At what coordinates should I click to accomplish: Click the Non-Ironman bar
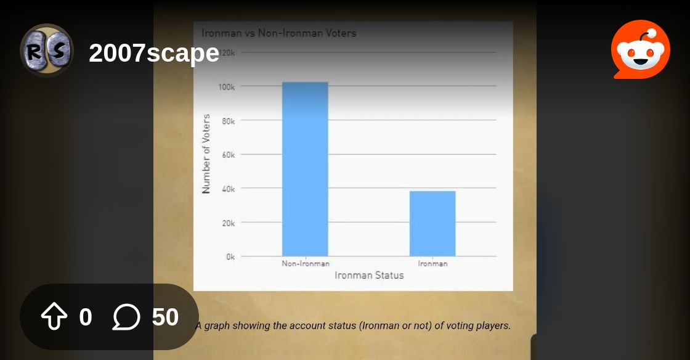click(x=305, y=169)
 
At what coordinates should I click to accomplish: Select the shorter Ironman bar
click(x=432, y=224)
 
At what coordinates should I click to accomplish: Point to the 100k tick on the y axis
click(x=227, y=87)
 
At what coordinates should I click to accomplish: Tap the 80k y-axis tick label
click(x=229, y=121)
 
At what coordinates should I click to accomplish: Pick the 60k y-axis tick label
click(x=229, y=155)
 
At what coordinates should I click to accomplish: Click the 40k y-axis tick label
click(x=229, y=189)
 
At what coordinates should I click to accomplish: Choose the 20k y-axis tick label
click(x=229, y=223)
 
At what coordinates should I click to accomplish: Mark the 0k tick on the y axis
click(x=230, y=257)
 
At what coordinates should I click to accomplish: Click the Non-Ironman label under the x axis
click(x=306, y=264)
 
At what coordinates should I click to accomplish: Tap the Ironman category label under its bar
click(x=432, y=264)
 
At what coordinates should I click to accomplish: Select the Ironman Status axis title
click(x=369, y=275)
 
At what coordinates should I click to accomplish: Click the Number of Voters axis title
click(x=206, y=154)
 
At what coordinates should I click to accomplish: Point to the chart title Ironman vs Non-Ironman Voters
click(x=278, y=33)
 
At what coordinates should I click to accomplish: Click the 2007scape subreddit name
click(x=154, y=53)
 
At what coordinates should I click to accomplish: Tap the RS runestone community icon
click(x=47, y=50)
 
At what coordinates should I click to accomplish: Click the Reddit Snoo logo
click(x=641, y=49)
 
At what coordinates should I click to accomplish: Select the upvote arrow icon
click(x=54, y=316)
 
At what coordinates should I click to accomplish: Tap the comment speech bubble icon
click(x=126, y=317)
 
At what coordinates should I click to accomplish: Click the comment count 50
click(x=165, y=317)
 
